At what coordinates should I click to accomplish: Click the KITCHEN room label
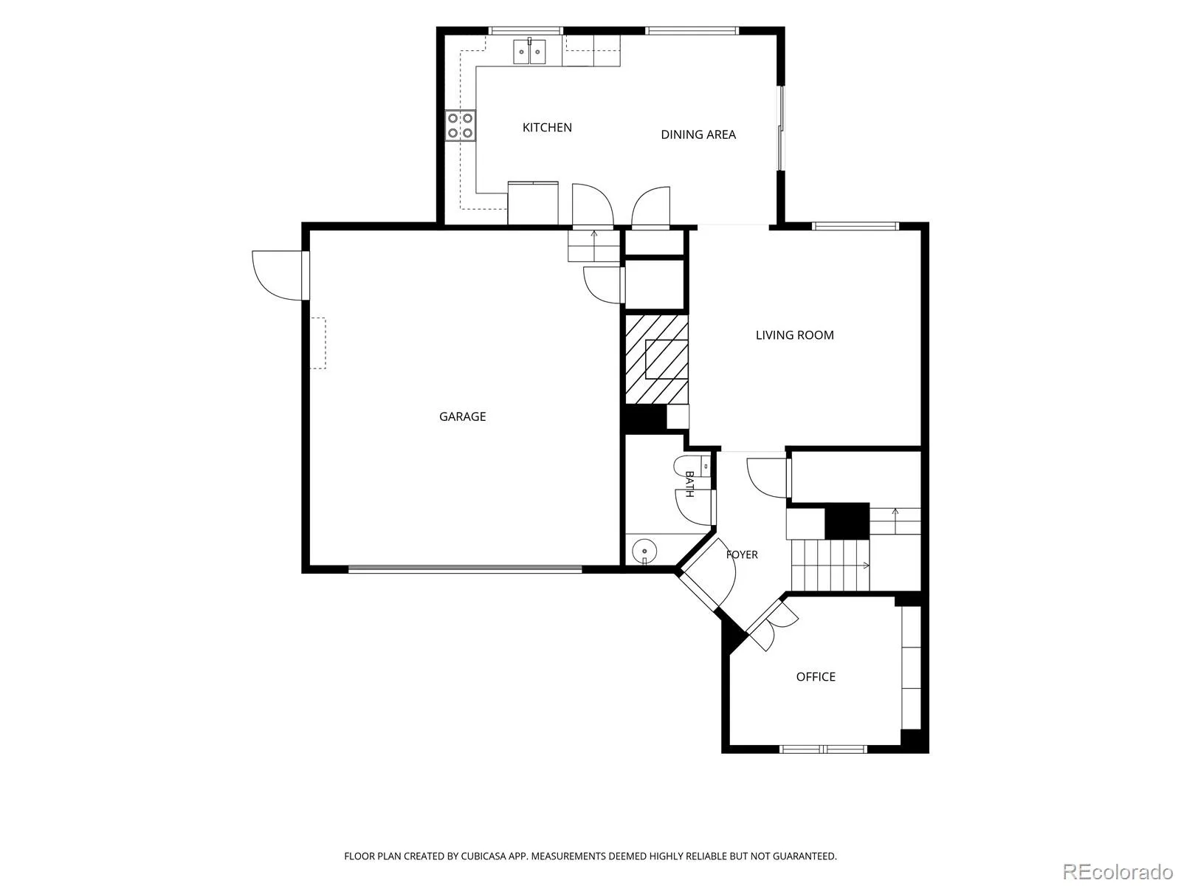547,128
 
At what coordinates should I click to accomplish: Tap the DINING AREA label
698,134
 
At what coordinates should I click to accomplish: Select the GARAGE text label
462,416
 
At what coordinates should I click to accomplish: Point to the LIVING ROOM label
794,335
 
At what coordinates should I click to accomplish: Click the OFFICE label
816,677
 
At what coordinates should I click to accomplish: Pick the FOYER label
742,554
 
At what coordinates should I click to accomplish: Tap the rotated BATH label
689,484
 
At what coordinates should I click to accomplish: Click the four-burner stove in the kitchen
461,126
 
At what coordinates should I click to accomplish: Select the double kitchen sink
530,52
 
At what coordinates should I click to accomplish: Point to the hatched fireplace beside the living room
656,360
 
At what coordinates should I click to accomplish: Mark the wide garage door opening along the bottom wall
465,569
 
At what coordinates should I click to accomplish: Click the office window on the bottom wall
823,749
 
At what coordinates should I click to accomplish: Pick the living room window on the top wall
855,226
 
